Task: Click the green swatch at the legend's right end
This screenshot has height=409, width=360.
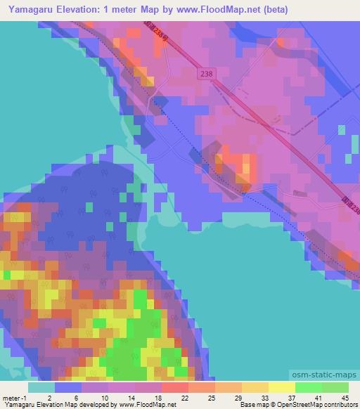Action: (x=335, y=387)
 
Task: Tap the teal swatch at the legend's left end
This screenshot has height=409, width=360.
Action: (x=41, y=387)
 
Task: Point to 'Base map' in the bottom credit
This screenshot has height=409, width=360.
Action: (x=252, y=405)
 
